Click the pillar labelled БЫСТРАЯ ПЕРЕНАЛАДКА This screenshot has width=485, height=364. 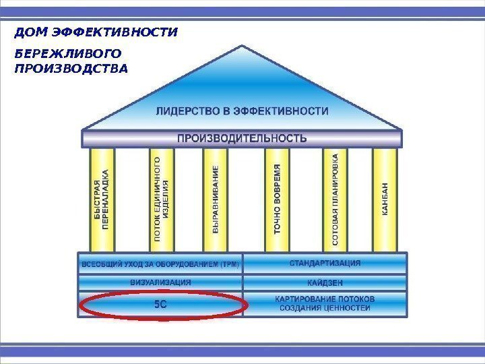click(101, 200)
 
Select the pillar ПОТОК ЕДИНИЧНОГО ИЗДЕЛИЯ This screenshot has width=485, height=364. click(161, 200)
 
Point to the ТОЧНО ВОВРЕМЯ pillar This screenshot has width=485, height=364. click(277, 200)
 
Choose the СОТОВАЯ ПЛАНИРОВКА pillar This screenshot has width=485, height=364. click(335, 200)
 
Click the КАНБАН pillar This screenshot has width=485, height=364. click(385, 200)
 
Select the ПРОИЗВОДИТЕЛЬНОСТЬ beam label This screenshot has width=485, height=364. click(242, 139)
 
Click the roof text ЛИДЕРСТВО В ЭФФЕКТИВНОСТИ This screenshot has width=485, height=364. click(243, 110)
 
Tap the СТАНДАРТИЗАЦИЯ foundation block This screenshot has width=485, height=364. click(325, 263)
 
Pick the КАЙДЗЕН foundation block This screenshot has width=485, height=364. click(325, 282)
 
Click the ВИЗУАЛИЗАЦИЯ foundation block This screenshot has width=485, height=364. click(160, 282)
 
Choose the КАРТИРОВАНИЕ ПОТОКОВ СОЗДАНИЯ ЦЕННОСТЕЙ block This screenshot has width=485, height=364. click(325, 303)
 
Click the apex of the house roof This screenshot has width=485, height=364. click(242, 47)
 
